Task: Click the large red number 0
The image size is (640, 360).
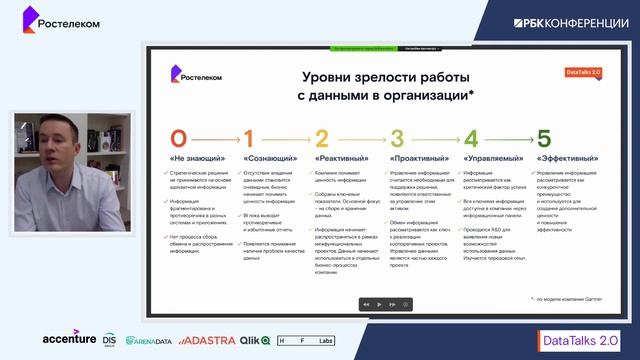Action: click(178, 139)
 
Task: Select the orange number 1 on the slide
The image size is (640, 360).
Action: click(249, 139)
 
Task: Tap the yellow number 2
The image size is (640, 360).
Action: click(322, 139)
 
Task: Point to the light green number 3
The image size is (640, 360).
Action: click(397, 139)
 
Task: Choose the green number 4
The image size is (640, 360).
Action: click(470, 139)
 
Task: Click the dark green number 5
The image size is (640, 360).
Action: click(544, 139)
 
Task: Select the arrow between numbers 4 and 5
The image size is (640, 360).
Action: click(507, 140)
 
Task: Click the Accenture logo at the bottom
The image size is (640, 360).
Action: click(70, 338)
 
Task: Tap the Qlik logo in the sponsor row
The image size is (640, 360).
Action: click(258, 340)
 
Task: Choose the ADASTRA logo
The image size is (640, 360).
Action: click(208, 340)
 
